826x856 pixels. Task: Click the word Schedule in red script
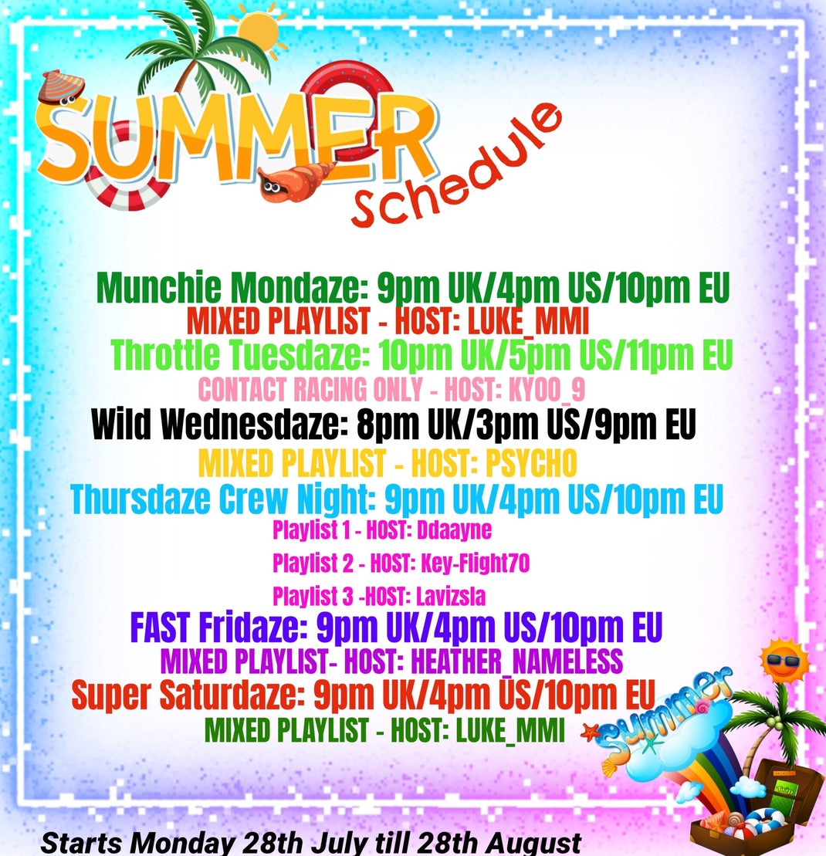click(456, 167)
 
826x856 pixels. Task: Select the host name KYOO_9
click(547, 389)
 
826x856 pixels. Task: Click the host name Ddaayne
click(454, 530)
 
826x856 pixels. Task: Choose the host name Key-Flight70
click(475, 563)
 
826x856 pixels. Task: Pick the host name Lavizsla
click(451, 596)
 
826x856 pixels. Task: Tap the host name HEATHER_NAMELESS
click(516, 661)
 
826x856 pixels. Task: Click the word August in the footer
click(533, 844)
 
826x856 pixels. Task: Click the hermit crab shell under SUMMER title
click(295, 182)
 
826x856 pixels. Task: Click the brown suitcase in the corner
click(764, 808)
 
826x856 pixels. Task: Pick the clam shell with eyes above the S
click(61, 87)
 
